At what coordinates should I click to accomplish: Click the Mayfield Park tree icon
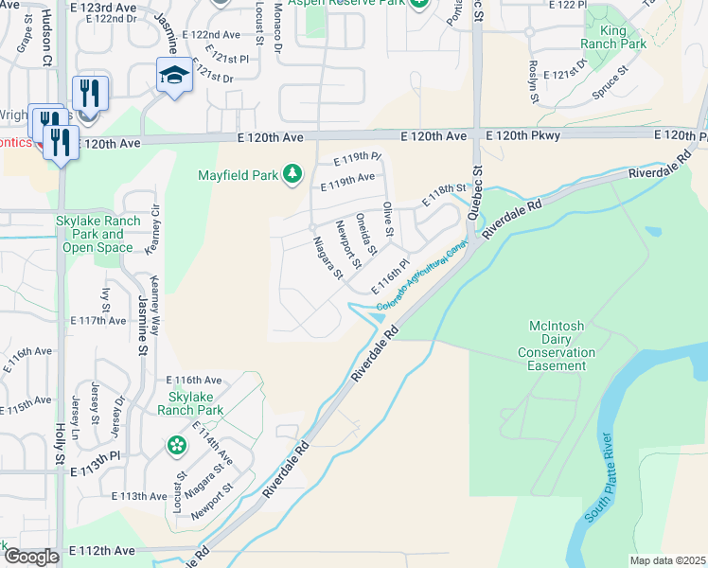click(x=292, y=174)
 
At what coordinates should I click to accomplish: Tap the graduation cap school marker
click(x=174, y=75)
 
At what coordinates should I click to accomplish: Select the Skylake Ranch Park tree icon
click(x=176, y=445)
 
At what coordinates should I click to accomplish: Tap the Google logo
click(x=31, y=557)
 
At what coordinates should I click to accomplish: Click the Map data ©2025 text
click(x=667, y=560)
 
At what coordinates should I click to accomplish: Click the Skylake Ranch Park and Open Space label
click(x=99, y=234)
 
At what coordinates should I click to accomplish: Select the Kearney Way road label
click(x=155, y=300)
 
